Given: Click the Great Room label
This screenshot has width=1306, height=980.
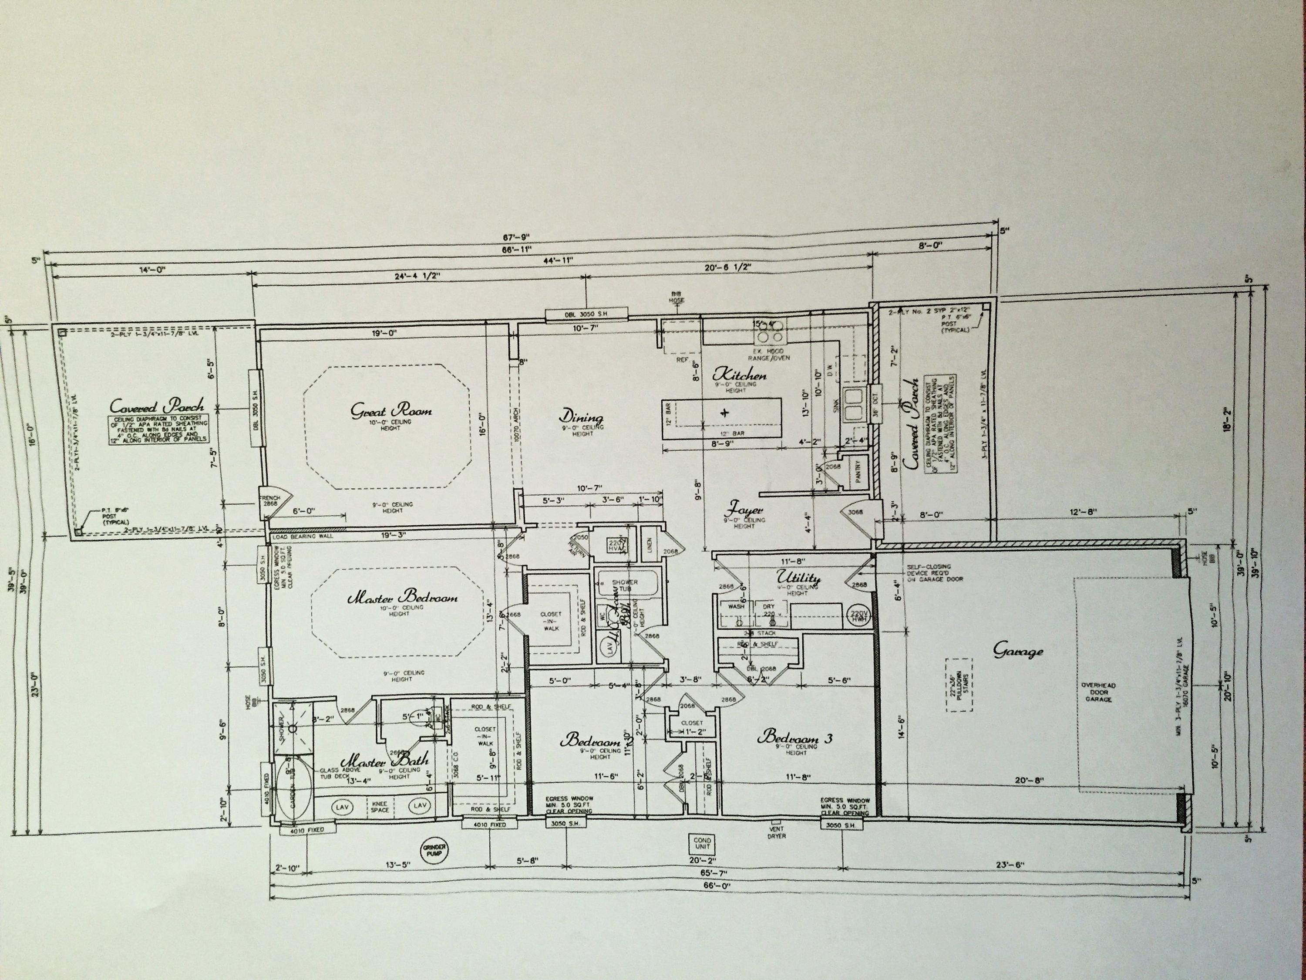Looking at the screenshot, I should click(x=391, y=411).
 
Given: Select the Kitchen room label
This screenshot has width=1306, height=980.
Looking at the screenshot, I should click(x=740, y=374).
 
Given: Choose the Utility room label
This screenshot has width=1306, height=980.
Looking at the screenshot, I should click(x=798, y=578).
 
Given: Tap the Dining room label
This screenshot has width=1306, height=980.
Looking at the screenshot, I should click(x=582, y=418).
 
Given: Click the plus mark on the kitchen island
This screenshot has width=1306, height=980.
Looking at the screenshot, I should click(x=724, y=412).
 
